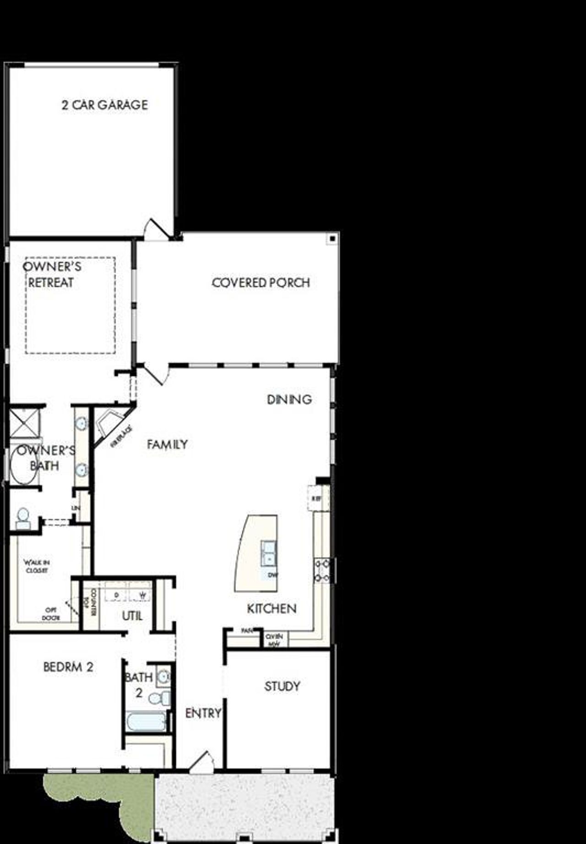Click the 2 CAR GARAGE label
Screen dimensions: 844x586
pos(104,105)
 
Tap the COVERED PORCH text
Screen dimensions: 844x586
pos(260,283)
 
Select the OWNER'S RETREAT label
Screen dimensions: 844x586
pos(52,275)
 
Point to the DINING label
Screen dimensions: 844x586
pos(289,400)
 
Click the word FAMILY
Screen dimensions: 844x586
pos(167,444)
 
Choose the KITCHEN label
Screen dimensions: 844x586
pos(271,608)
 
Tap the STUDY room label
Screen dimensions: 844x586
pos(282,686)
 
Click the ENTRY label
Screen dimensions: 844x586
pos(203,713)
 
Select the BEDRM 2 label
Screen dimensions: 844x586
pos(68,667)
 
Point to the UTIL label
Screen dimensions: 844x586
pos(132,616)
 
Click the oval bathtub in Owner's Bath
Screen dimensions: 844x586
pos(23,467)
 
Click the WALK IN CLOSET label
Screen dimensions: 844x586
pos(37,566)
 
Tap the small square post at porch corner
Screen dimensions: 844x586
pos(332,239)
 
